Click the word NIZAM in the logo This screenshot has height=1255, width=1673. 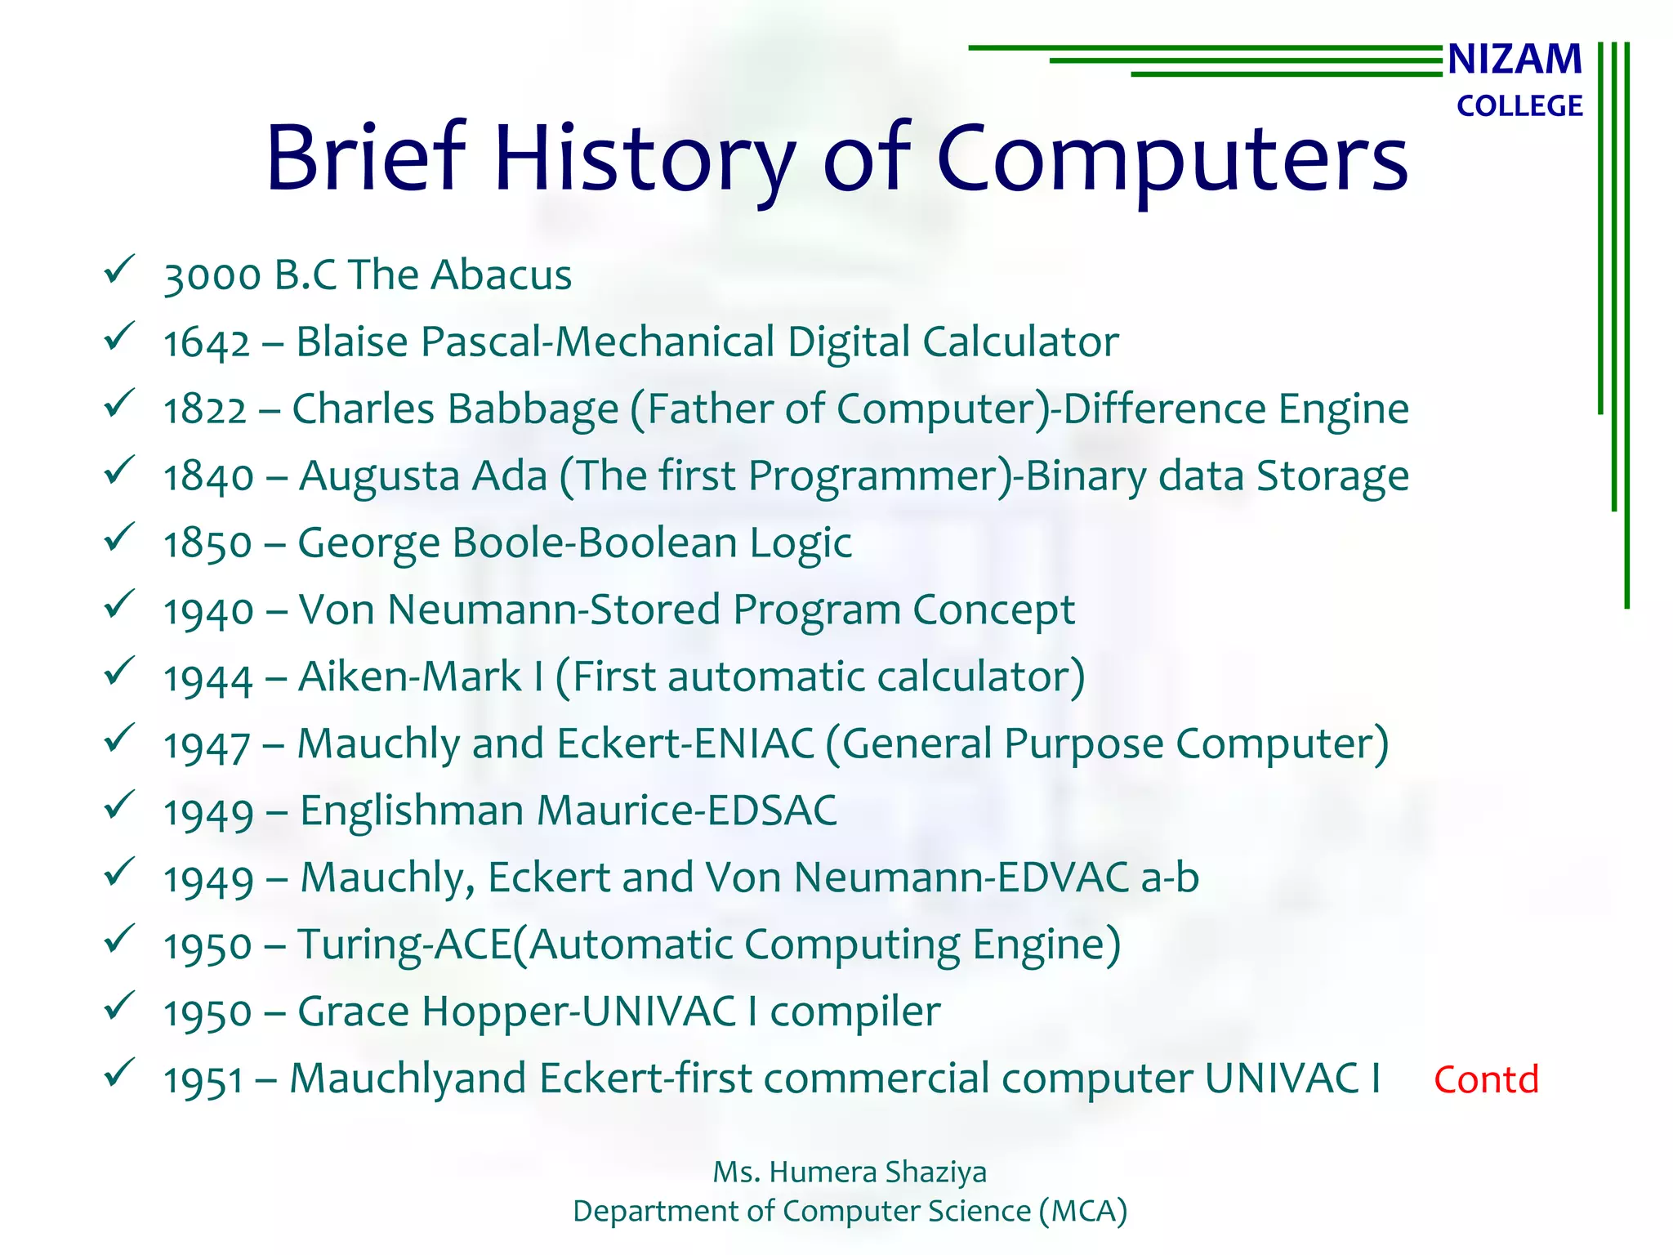(1515, 60)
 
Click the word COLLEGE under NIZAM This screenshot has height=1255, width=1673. (1519, 106)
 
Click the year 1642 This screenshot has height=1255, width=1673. (206, 342)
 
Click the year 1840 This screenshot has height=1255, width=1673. (208, 476)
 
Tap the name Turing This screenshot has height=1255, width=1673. (359, 945)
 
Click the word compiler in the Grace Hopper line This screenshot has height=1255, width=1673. (855, 1012)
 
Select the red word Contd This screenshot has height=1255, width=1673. (1486, 1080)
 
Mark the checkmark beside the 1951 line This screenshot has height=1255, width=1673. (119, 1071)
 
